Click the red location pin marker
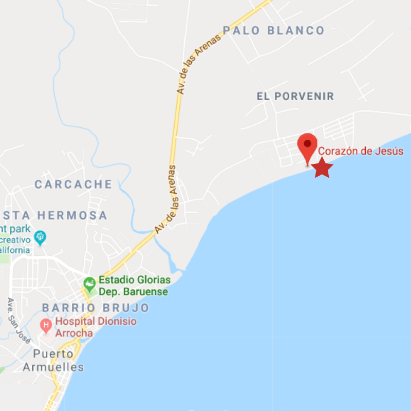308,145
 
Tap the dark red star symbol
322,168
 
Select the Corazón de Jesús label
361,152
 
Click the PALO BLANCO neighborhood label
274,30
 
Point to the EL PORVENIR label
295,96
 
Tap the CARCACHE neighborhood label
73,184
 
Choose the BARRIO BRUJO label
96,308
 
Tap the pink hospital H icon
46,325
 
